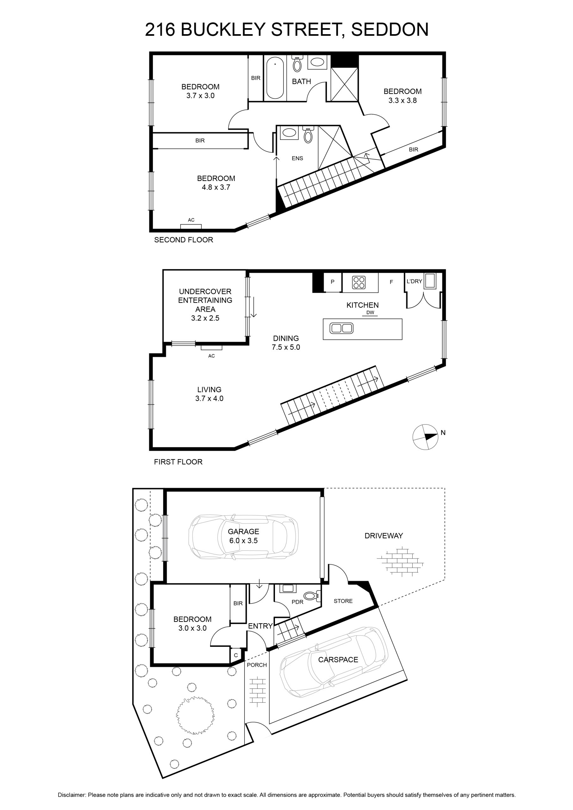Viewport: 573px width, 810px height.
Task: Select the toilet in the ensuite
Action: [x=308, y=135]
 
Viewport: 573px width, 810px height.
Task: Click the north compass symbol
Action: [x=425, y=437]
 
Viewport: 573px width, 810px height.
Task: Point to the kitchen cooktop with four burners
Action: [x=359, y=282]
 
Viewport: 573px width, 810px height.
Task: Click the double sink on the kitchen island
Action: [x=341, y=328]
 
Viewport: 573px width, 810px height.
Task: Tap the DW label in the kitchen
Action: [x=370, y=313]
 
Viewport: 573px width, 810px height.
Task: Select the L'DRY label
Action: [x=414, y=281]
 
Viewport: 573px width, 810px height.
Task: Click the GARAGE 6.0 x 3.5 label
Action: [x=243, y=536]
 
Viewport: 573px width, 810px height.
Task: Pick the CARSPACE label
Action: [x=338, y=660]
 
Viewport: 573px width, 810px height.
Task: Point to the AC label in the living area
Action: [x=211, y=356]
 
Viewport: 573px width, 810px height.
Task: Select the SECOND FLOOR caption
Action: [x=184, y=240]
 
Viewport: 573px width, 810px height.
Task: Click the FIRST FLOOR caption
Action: [x=178, y=462]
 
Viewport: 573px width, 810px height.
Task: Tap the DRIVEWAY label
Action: [x=383, y=536]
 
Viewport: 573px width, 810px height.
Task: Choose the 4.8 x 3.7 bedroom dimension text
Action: [x=216, y=187]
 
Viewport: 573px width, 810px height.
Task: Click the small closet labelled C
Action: [x=236, y=655]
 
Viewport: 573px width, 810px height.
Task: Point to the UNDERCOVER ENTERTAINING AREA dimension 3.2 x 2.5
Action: [x=205, y=318]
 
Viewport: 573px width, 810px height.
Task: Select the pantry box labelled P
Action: [x=332, y=282]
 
